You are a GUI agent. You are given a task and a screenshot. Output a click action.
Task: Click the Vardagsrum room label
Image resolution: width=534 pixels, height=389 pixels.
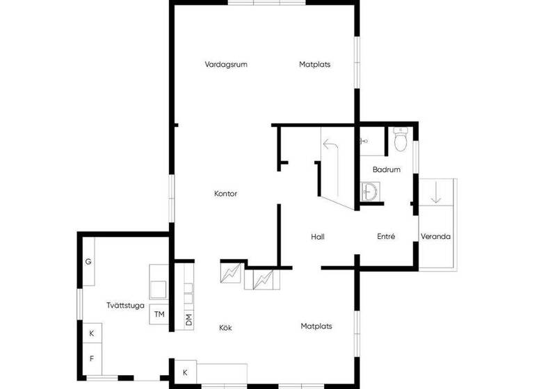pos(226,65)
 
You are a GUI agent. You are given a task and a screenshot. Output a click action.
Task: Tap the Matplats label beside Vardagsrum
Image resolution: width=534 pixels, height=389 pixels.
pos(314,65)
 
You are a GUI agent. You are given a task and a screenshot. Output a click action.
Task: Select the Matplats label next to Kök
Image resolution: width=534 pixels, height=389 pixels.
pos(316,326)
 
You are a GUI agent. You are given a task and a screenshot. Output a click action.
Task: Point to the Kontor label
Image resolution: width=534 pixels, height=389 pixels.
pos(226,194)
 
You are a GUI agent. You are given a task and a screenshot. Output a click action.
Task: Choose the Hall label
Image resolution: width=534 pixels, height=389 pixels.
pos(318,237)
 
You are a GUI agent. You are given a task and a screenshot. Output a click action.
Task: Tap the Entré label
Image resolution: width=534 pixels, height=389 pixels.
pos(386,237)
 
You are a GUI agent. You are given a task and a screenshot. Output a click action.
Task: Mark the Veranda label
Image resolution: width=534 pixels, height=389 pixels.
pos(436,237)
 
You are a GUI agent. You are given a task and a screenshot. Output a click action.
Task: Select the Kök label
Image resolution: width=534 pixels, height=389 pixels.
pos(225,327)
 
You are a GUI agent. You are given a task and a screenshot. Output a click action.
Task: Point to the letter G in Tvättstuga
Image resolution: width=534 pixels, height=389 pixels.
pos(88,262)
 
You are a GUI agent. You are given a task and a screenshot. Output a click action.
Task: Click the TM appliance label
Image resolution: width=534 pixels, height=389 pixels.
pos(159,315)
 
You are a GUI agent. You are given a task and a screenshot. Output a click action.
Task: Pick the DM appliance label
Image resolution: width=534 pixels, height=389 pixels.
pos(188,320)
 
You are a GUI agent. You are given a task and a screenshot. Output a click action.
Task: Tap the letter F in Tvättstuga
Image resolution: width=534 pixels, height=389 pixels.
pos(91,359)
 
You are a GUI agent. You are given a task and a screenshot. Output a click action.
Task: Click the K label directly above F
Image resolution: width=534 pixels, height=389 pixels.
pos(91,333)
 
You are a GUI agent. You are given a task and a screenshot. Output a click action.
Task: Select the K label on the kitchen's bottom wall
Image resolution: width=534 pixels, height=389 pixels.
pos(185,373)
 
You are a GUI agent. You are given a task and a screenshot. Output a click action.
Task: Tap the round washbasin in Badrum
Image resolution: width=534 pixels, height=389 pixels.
pos(371,190)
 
